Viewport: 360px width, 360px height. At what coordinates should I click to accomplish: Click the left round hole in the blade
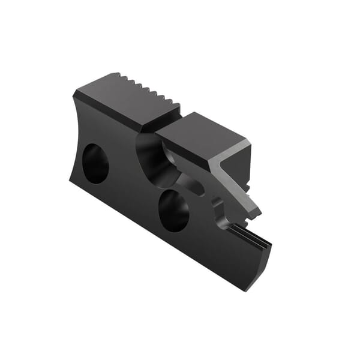point(95,163)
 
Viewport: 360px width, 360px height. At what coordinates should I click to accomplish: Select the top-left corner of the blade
point(74,95)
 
